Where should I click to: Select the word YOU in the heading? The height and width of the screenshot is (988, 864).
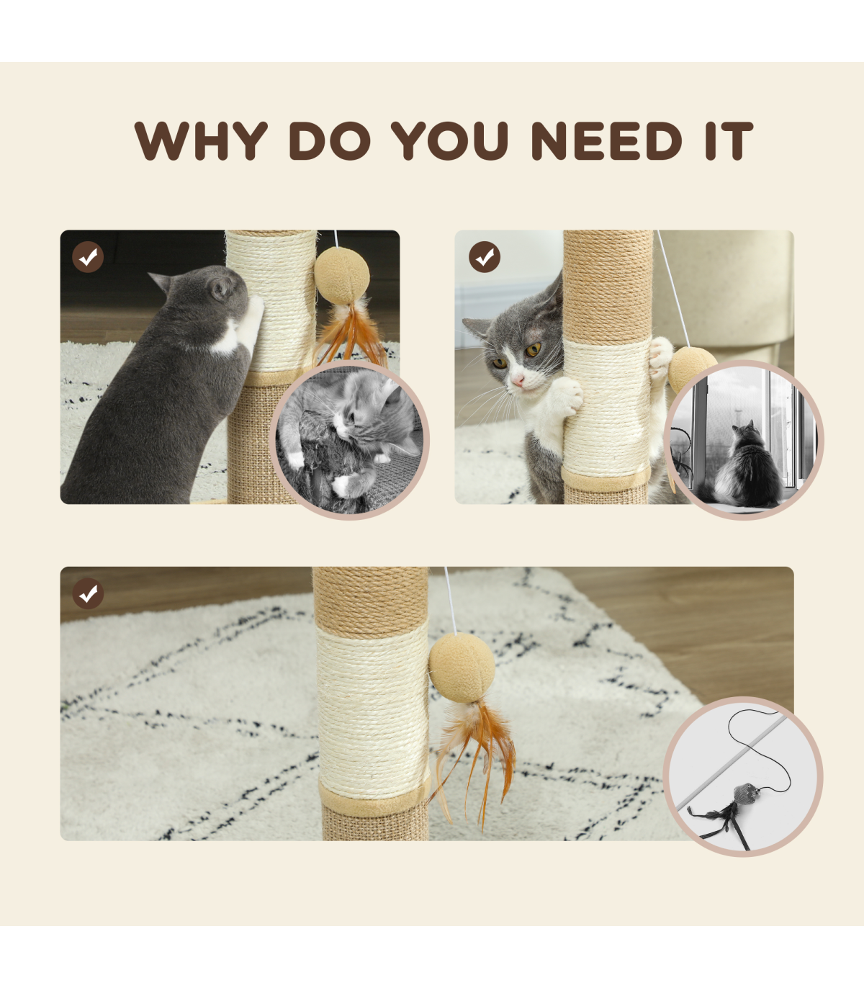449,140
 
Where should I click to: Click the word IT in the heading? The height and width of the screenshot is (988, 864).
729,140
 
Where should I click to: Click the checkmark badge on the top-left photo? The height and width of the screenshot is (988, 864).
88,257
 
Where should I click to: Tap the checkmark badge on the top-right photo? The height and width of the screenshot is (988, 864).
484,257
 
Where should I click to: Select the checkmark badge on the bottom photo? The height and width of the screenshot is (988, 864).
88,593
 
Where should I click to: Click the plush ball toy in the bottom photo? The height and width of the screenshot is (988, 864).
462,668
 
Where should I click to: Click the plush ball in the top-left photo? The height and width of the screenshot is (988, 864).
342,276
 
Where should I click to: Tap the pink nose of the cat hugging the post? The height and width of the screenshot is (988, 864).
518,381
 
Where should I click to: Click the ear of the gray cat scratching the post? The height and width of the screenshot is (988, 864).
220,289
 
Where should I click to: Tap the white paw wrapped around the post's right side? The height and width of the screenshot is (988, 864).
660,359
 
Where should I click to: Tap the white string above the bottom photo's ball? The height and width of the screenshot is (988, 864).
451,601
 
